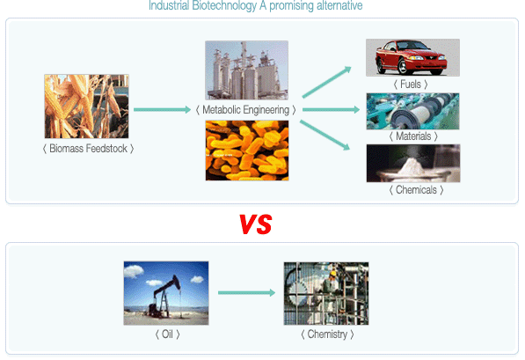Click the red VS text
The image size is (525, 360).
[x=256, y=224]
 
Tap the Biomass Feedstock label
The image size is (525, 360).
[x=89, y=149]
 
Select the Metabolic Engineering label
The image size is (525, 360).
[x=245, y=110]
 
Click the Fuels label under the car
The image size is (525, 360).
[x=411, y=84]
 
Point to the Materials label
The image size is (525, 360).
[x=413, y=136]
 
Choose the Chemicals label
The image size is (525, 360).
[x=417, y=190]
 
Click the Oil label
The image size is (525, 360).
[x=167, y=334]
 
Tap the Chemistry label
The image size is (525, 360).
[x=327, y=334]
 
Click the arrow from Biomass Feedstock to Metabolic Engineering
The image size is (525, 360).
[x=162, y=110]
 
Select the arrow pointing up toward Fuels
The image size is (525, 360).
[x=327, y=82]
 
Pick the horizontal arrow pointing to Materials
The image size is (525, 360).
[x=332, y=110]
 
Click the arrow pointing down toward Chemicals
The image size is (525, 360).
[x=324, y=135]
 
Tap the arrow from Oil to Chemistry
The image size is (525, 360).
[x=247, y=292]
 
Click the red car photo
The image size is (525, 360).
[x=412, y=58]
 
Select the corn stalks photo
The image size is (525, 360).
[x=86, y=107]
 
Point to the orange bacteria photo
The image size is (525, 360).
[x=247, y=151]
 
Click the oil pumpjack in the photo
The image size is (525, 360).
[x=165, y=297]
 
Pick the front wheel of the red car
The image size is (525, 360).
[x=403, y=66]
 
